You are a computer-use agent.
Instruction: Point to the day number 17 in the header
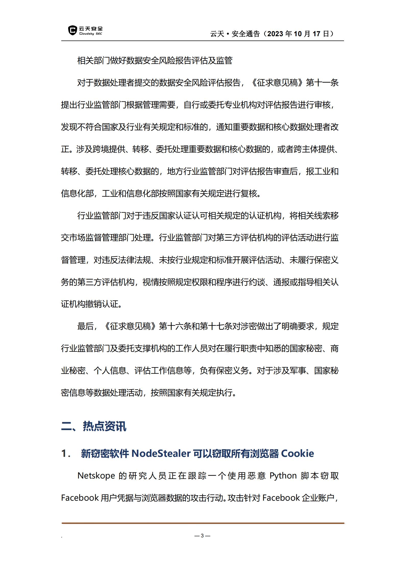[316, 34]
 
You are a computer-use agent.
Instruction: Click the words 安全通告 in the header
[246, 34]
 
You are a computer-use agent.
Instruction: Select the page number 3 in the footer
[202, 536]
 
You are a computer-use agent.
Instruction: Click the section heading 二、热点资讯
[94, 427]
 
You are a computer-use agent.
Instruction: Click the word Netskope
[96, 476]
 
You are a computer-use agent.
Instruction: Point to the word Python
[283, 476]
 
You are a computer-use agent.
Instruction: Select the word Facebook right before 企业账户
[281, 498]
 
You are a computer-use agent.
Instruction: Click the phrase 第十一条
[322, 83]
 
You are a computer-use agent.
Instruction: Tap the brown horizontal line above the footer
[203, 523]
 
